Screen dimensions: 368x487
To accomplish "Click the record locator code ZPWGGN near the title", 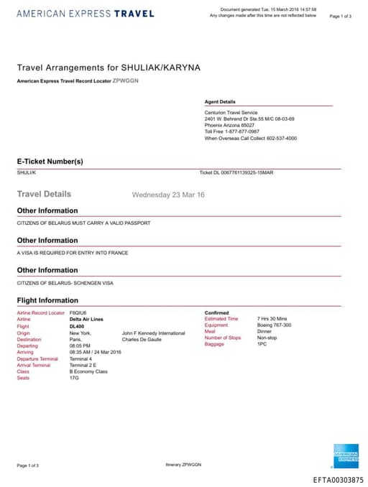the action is [x=126, y=80].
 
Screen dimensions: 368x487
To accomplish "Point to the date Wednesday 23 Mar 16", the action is [x=168, y=195].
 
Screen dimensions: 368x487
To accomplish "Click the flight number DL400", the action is [x=77, y=326].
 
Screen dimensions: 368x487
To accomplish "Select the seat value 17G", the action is [x=75, y=378].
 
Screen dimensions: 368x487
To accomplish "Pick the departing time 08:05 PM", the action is [x=80, y=345].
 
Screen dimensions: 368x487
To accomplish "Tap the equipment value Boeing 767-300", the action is [x=275, y=325].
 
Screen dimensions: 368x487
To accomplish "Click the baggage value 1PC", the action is [x=262, y=344].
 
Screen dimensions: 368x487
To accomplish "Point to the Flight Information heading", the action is [x=47, y=300].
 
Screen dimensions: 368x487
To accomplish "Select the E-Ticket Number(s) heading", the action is [x=50, y=162].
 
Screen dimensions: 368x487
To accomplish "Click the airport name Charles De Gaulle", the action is [x=142, y=339].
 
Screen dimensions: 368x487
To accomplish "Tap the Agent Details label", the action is [x=220, y=102].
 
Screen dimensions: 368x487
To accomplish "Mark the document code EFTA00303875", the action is [x=339, y=480].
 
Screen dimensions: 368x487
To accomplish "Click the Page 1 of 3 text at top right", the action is [x=340, y=16].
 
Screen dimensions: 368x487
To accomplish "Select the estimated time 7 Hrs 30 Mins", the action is [x=272, y=318].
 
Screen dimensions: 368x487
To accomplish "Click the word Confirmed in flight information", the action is [x=217, y=313].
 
